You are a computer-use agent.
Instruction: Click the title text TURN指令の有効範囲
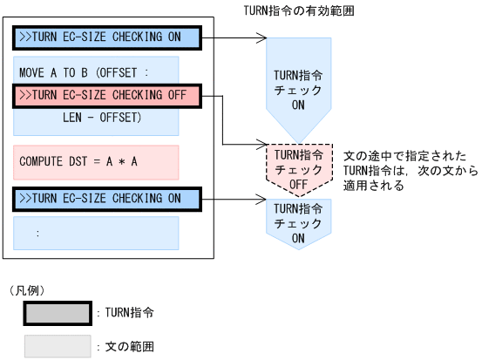[x=301, y=10]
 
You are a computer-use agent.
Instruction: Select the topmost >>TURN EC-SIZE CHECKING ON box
[x=107, y=38]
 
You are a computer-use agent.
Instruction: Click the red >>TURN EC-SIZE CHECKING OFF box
[x=107, y=96]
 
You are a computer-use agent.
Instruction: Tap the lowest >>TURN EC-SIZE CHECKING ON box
[x=107, y=198]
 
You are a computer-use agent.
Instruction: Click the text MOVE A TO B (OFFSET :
[x=85, y=71]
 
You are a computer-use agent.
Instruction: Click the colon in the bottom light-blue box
[x=38, y=234]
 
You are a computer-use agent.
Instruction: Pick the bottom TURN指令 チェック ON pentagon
[x=297, y=221]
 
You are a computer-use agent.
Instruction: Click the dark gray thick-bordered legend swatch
[x=58, y=312]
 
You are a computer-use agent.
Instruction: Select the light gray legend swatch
[x=58, y=346]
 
